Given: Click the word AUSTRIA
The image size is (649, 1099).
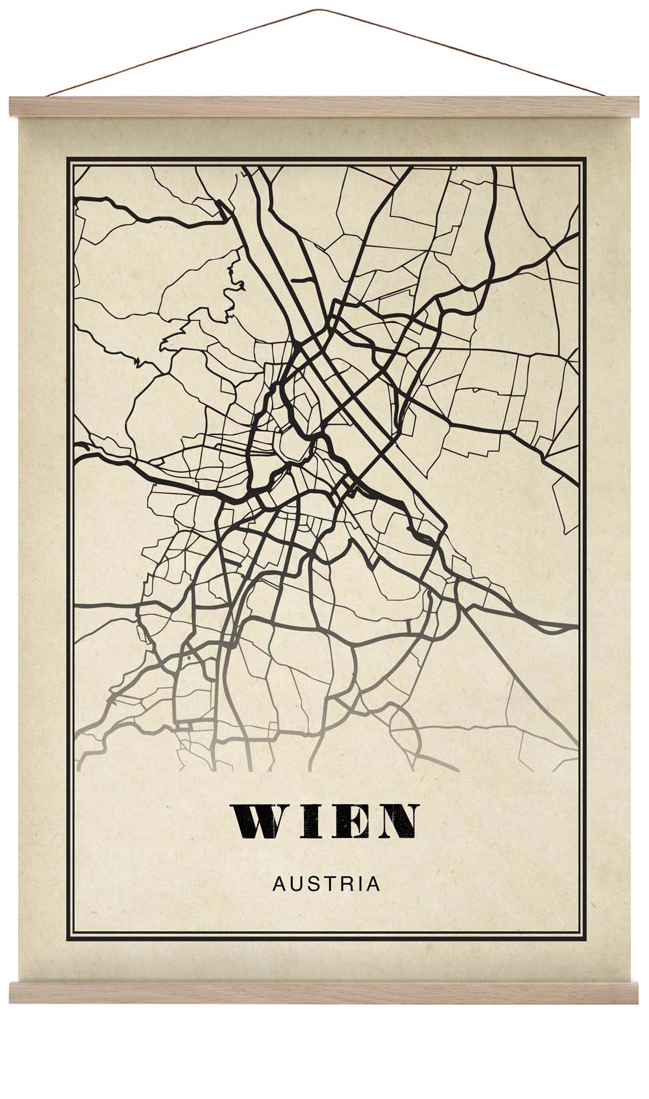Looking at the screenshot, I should [326, 885].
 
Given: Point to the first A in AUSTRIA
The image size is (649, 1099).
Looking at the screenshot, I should [279, 885].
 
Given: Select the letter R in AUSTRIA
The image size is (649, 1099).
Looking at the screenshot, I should [345, 885].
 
